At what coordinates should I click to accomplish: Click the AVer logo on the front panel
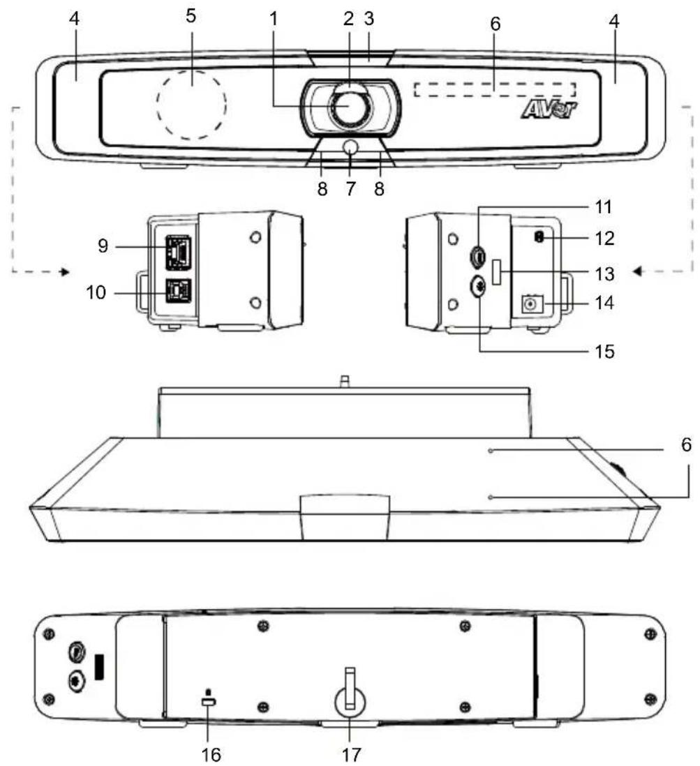pos(550,110)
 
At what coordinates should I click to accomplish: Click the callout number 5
pos(191,15)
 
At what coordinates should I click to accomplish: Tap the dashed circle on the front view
pos(191,103)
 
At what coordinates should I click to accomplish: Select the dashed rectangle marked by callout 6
pos(495,89)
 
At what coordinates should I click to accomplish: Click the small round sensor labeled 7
pos(350,147)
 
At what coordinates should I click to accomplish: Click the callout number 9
pos(103,246)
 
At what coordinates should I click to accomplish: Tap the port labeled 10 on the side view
pos(178,291)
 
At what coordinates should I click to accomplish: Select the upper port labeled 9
pos(178,253)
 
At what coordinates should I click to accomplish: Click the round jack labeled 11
pos(477,255)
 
